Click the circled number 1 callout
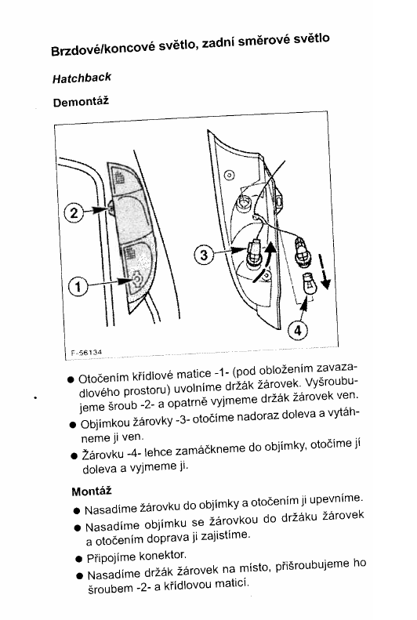click(x=78, y=287)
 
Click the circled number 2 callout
click(x=74, y=213)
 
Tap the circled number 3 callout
click(x=204, y=255)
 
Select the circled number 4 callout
click(x=297, y=330)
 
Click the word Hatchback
click(x=82, y=78)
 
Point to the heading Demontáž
click(x=81, y=102)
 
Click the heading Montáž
click(x=92, y=491)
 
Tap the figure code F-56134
click(x=86, y=352)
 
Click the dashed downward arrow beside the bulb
click(x=324, y=272)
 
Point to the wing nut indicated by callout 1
click(x=136, y=280)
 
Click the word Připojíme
click(x=112, y=558)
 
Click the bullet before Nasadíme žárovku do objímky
click(x=77, y=510)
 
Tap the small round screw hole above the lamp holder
click(x=229, y=175)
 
